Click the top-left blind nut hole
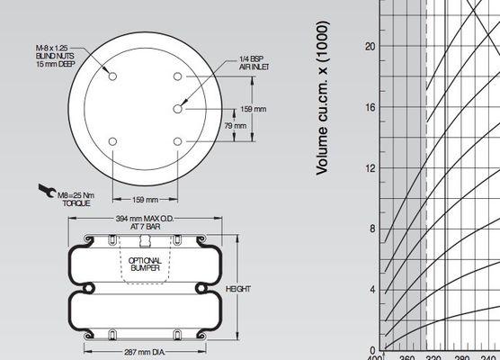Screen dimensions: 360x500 click(x=112, y=76)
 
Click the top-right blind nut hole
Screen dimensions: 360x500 click(x=177, y=76)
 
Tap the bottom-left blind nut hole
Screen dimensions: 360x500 click(x=112, y=141)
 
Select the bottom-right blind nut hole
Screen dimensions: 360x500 click(x=177, y=141)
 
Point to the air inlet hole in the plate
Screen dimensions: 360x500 click(x=177, y=108)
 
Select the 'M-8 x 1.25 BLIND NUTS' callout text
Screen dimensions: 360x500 click(x=56, y=54)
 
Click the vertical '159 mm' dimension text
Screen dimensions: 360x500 click(x=254, y=109)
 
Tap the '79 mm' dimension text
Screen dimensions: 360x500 click(x=234, y=125)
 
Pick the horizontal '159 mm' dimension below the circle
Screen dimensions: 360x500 click(x=145, y=199)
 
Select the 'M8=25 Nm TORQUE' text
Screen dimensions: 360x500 click(x=76, y=198)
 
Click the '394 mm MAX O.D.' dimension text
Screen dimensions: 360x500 click(x=145, y=223)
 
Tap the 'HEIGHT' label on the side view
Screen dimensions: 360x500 click(x=237, y=289)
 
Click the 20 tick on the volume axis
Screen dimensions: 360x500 click(x=369, y=46)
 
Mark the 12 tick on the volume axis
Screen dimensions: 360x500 click(x=369, y=167)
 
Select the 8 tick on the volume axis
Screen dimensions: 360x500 click(x=371, y=229)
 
